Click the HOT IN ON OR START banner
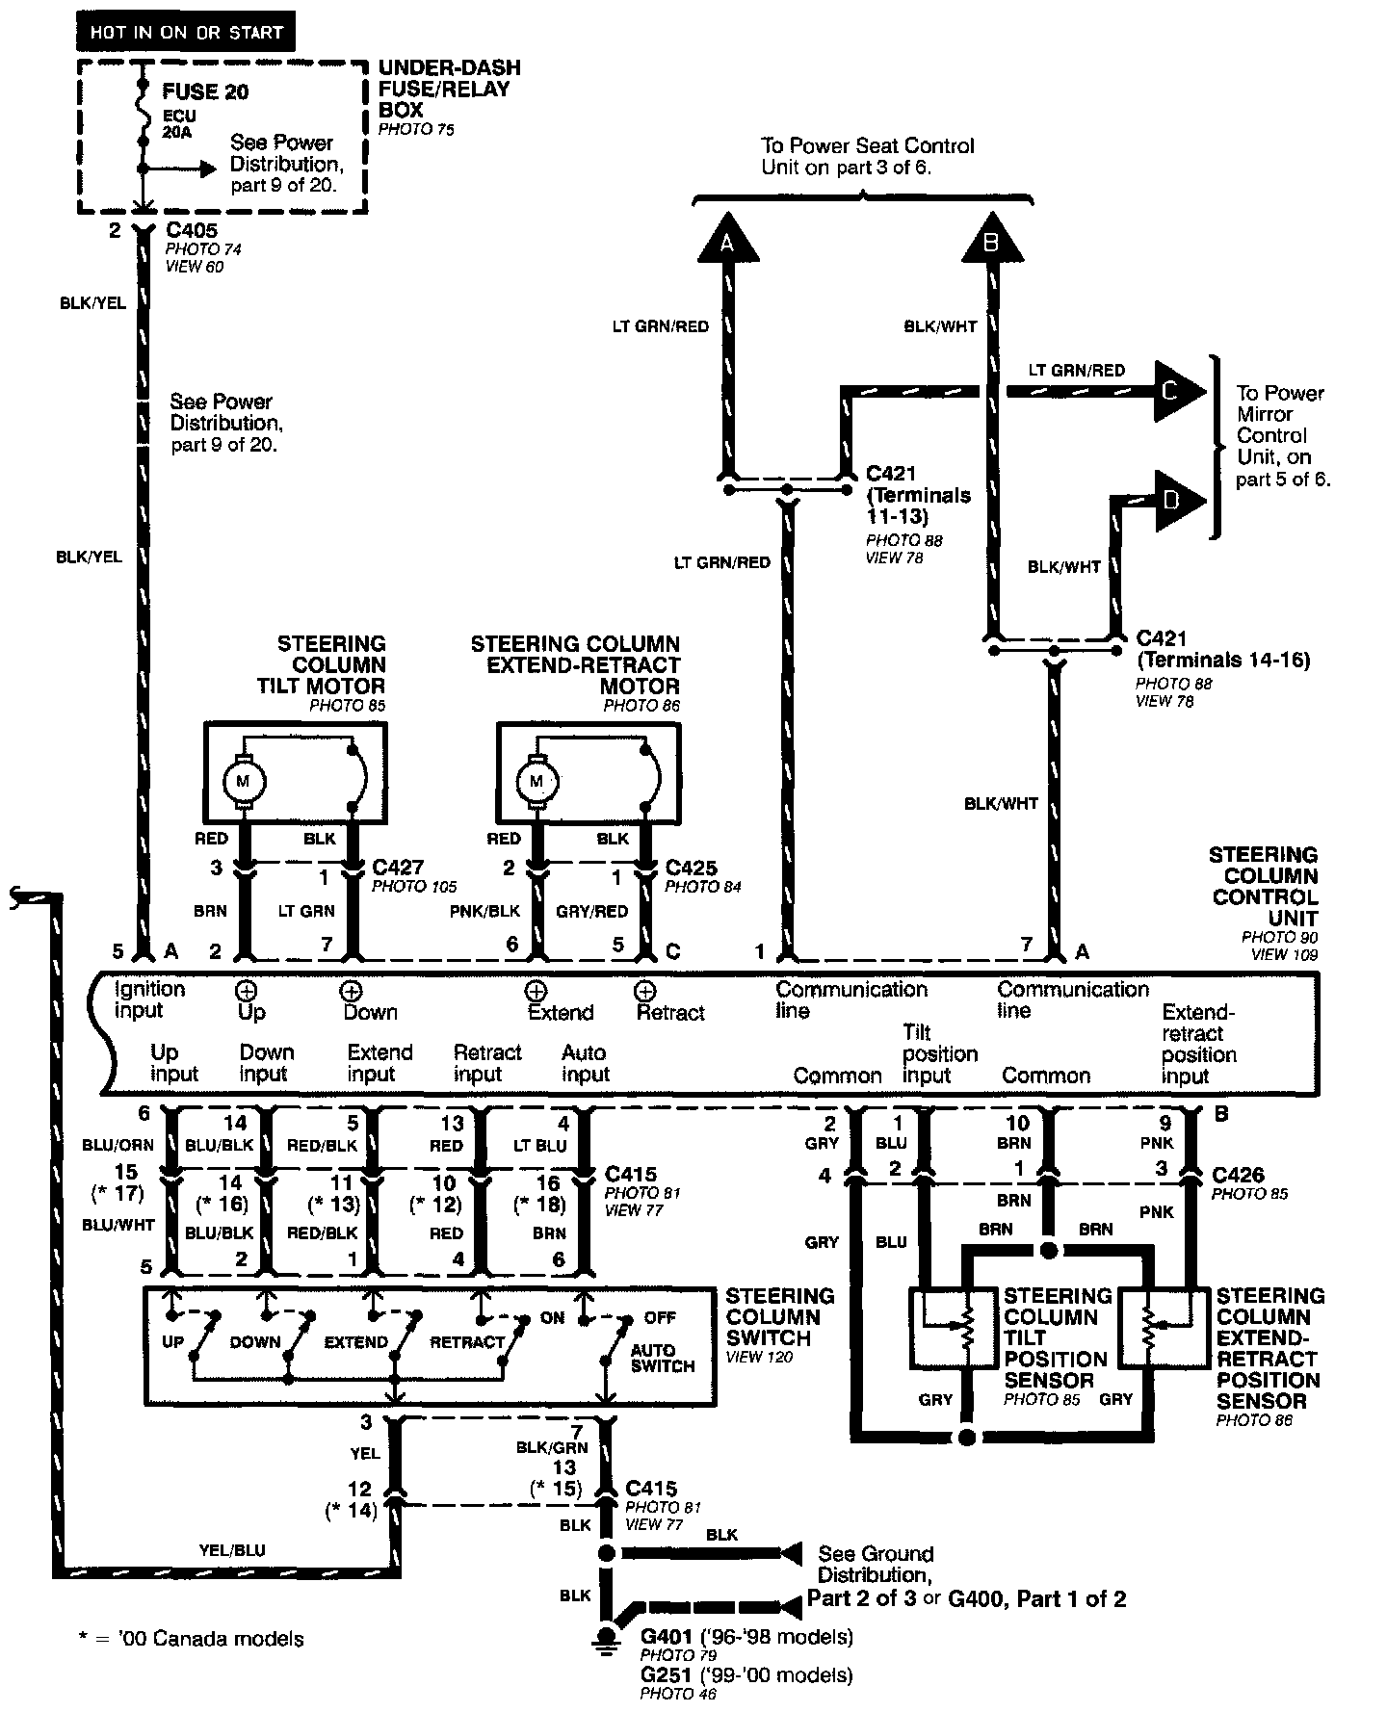click(186, 33)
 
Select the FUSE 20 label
click(205, 91)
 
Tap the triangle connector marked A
click(727, 240)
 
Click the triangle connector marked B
click(990, 240)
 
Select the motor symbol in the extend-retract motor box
click(536, 781)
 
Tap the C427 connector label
click(398, 868)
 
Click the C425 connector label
click(692, 868)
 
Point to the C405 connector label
click(192, 231)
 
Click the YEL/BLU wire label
click(231, 1551)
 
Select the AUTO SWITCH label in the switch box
click(662, 1358)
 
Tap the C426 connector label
click(1238, 1175)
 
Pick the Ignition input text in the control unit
click(149, 999)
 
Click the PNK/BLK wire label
click(485, 911)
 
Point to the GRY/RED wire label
click(592, 911)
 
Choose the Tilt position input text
click(939, 1054)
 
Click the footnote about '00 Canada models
click(191, 1638)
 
